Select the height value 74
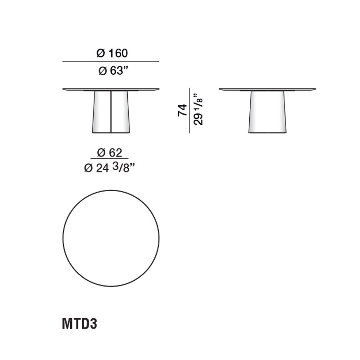pos(182,110)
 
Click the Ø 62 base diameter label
pos(110,152)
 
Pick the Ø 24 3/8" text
pos(110,168)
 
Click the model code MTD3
pos(79,324)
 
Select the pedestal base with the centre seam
pos(101,112)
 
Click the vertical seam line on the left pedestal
pos(111,112)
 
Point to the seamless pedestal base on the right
pos(267,112)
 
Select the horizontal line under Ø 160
pos(111,61)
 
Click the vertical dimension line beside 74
pos(189,110)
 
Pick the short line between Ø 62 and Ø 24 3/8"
pos(109,159)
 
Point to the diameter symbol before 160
pos(101,53)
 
